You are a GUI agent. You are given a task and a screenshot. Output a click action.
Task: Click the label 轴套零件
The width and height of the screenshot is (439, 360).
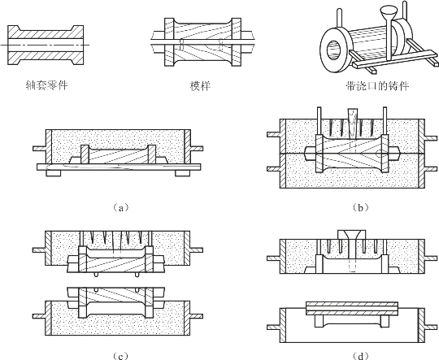[46, 85]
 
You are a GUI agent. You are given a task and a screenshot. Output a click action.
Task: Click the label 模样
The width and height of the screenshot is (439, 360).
[200, 85]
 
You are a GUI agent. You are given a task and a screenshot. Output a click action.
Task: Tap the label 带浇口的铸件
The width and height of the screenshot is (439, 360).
[377, 85]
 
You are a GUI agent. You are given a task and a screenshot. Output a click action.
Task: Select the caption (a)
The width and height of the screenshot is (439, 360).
[120, 208]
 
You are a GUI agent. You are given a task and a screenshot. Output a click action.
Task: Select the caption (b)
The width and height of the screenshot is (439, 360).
[360, 208]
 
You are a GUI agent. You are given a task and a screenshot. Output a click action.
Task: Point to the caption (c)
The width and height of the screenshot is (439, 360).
[120, 356]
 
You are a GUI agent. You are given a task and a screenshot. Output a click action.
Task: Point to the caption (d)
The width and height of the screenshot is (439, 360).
[360, 356]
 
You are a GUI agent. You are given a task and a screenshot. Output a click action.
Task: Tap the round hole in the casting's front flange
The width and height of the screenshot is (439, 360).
[335, 50]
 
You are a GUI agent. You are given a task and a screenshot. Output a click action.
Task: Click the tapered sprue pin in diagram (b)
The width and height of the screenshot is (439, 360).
[354, 124]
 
